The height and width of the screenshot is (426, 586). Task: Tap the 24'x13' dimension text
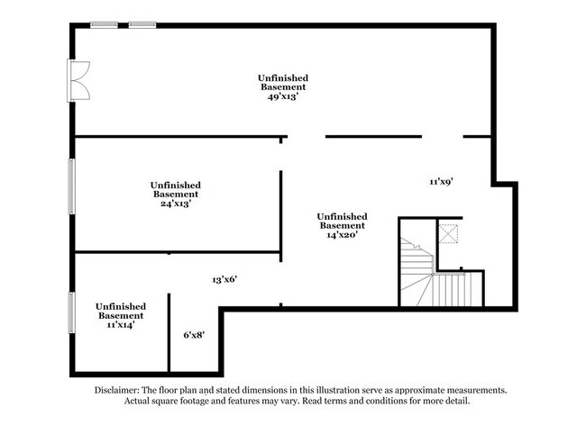[x=175, y=204]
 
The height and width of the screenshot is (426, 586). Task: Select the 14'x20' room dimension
[x=342, y=235]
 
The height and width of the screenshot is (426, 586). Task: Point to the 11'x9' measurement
[x=440, y=182]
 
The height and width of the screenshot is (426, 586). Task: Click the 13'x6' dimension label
[x=224, y=280]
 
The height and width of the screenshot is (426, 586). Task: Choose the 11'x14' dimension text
[x=120, y=326]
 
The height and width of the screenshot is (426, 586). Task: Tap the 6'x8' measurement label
[x=194, y=335]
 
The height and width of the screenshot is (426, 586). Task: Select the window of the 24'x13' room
[x=72, y=187]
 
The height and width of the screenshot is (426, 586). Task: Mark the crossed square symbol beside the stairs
[x=448, y=233]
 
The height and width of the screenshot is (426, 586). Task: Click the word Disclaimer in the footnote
[x=117, y=390]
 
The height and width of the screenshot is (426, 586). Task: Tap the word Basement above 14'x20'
[x=342, y=225]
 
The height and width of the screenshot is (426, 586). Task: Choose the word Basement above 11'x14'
[x=120, y=316]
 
